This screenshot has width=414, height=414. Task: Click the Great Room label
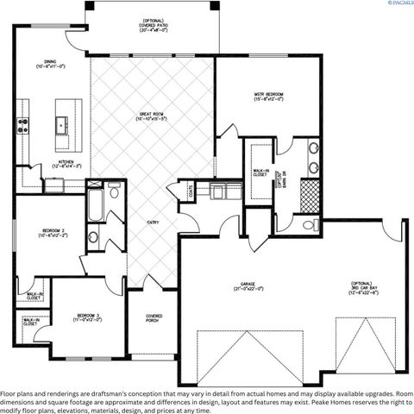(x=152, y=116)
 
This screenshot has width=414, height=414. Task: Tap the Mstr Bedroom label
(x=268, y=96)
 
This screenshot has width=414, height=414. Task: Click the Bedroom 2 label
(x=48, y=233)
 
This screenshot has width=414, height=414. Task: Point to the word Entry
(x=153, y=223)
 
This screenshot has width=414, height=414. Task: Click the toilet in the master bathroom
(x=309, y=226)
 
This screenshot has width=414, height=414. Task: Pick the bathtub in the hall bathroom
(x=93, y=205)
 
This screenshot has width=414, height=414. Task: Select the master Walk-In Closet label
(x=259, y=177)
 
